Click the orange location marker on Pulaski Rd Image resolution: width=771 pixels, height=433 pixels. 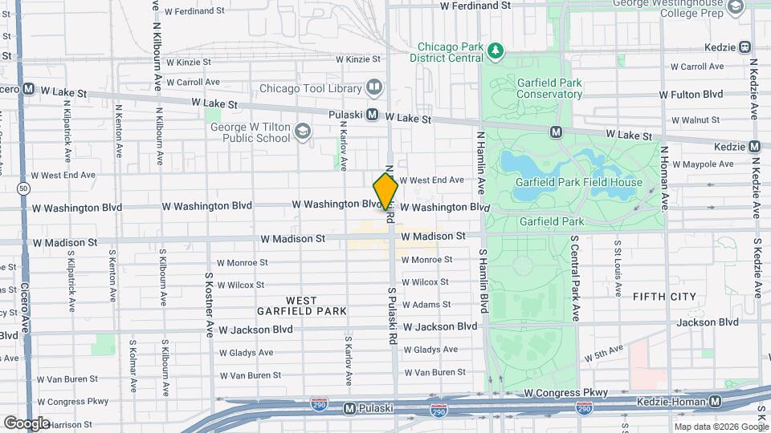385,191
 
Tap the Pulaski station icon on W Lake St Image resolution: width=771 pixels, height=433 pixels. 373,115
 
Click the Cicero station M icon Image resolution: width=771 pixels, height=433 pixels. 28,89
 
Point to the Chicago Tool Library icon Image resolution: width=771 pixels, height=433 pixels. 373,87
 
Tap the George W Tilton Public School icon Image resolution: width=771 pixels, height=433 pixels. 303,131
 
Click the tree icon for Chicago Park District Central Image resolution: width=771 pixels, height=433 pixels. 496,52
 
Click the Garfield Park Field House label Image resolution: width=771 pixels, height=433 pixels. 579,182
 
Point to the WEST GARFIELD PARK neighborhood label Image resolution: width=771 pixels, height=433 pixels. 302,306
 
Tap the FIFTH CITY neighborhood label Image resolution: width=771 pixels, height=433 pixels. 664,297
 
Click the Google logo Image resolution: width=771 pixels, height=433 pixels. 27,423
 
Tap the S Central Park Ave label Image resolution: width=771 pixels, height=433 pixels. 575,279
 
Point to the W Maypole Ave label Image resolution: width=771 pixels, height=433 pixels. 703,164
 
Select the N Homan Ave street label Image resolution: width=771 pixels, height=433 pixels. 663,178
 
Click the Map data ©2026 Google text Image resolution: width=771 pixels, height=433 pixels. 721,427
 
